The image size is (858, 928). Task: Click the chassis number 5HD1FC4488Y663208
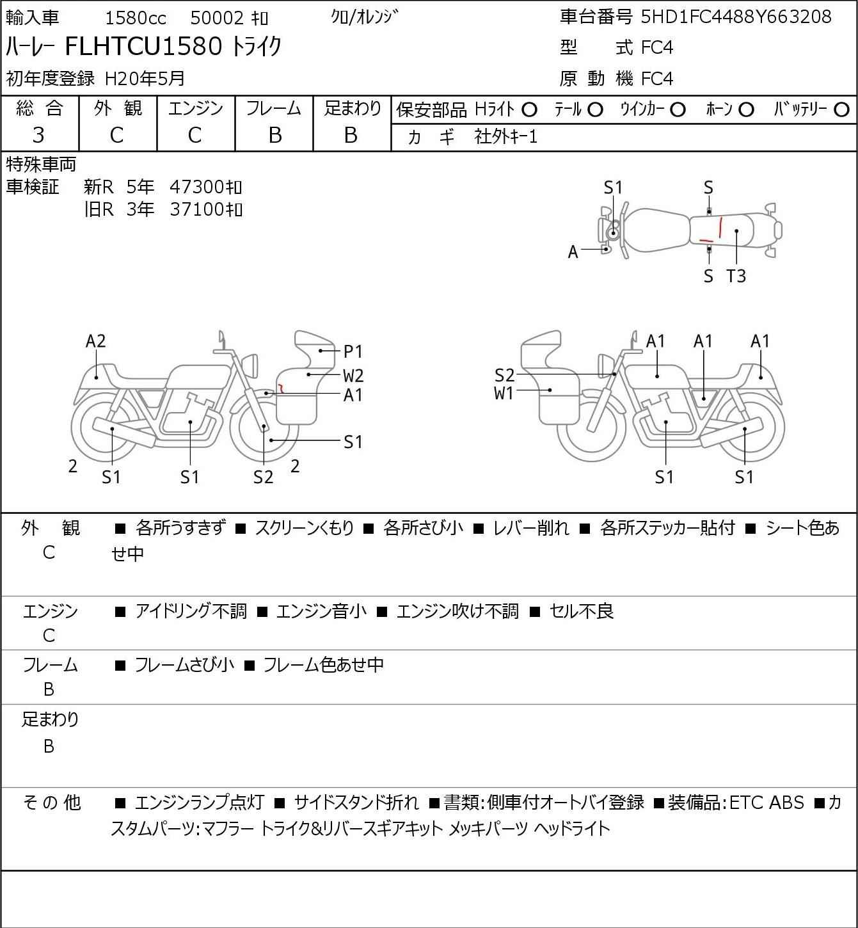pyautogui.click(x=736, y=17)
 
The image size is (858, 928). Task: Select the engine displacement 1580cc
pyautogui.click(x=136, y=18)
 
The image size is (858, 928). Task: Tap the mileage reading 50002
pyautogui.click(x=217, y=18)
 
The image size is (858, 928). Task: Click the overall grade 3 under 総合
pyautogui.click(x=39, y=136)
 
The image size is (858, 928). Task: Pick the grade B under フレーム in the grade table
pyautogui.click(x=274, y=136)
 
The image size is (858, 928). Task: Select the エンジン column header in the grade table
pyautogui.click(x=196, y=109)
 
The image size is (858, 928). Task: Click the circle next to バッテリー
pyautogui.click(x=841, y=110)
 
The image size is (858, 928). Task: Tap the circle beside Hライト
pyautogui.click(x=529, y=110)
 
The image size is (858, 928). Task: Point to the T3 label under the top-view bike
pyautogui.click(x=736, y=276)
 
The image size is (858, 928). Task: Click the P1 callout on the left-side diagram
pyautogui.click(x=353, y=351)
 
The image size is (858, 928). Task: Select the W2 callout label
pyautogui.click(x=353, y=375)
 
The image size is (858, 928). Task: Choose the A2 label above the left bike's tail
pyautogui.click(x=96, y=341)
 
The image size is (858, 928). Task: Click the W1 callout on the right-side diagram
pyautogui.click(x=504, y=394)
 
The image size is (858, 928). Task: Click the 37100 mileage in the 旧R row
pyautogui.click(x=196, y=209)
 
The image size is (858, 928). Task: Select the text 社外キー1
pyautogui.click(x=506, y=137)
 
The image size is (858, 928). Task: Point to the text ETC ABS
pyautogui.click(x=767, y=803)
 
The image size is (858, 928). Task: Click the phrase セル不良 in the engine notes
pyautogui.click(x=582, y=611)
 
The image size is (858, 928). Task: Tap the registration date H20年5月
pyautogui.click(x=145, y=79)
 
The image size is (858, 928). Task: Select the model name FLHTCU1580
pyautogui.click(x=143, y=46)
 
